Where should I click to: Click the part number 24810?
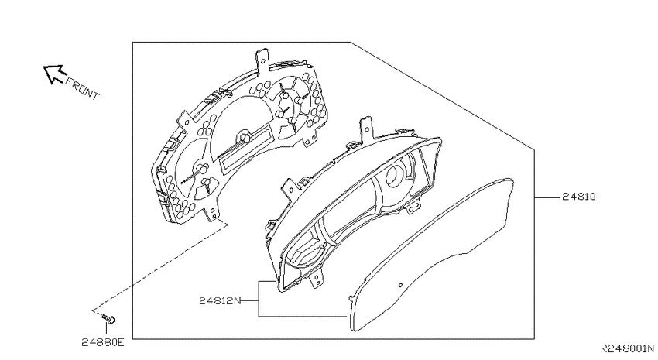pyautogui.click(x=579, y=197)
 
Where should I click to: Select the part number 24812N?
pyautogui.click(x=220, y=300)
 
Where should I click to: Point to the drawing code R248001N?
pyautogui.click(x=627, y=348)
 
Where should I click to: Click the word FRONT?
pyautogui.click(x=82, y=88)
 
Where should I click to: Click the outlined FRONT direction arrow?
pyautogui.click(x=53, y=74)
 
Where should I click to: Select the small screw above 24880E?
pyautogui.click(x=108, y=319)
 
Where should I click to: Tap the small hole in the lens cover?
pyautogui.click(x=400, y=286)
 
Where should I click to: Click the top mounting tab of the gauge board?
pyautogui.click(x=262, y=59)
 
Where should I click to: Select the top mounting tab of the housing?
pyautogui.click(x=365, y=127)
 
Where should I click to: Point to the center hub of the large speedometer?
pyautogui.click(x=244, y=137)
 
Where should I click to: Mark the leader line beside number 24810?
pyautogui.click(x=547, y=197)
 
